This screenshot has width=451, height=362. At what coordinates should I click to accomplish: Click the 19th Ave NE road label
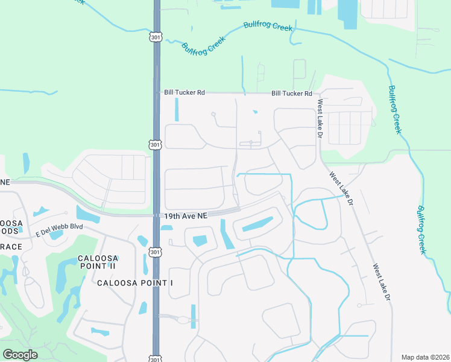coord(184,215)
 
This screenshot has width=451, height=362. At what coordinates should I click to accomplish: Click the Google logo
coord(20,355)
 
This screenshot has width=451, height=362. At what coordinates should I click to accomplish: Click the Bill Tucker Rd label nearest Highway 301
coord(184,93)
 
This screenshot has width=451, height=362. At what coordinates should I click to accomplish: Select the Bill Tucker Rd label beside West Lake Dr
coord(292,94)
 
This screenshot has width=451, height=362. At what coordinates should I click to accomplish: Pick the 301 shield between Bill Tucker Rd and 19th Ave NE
coord(156,145)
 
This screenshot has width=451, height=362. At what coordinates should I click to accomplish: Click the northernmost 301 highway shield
coord(156,37)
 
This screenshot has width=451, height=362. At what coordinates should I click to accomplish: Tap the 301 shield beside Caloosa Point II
coord(156,252)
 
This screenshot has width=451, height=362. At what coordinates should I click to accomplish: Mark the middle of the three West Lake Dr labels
coord(342,188)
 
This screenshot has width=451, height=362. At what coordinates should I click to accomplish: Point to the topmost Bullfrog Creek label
coord(268,27)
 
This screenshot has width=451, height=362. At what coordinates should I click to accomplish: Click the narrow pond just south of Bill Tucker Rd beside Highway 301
coord(177,110)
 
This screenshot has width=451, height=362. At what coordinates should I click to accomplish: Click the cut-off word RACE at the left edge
coord(11,247)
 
